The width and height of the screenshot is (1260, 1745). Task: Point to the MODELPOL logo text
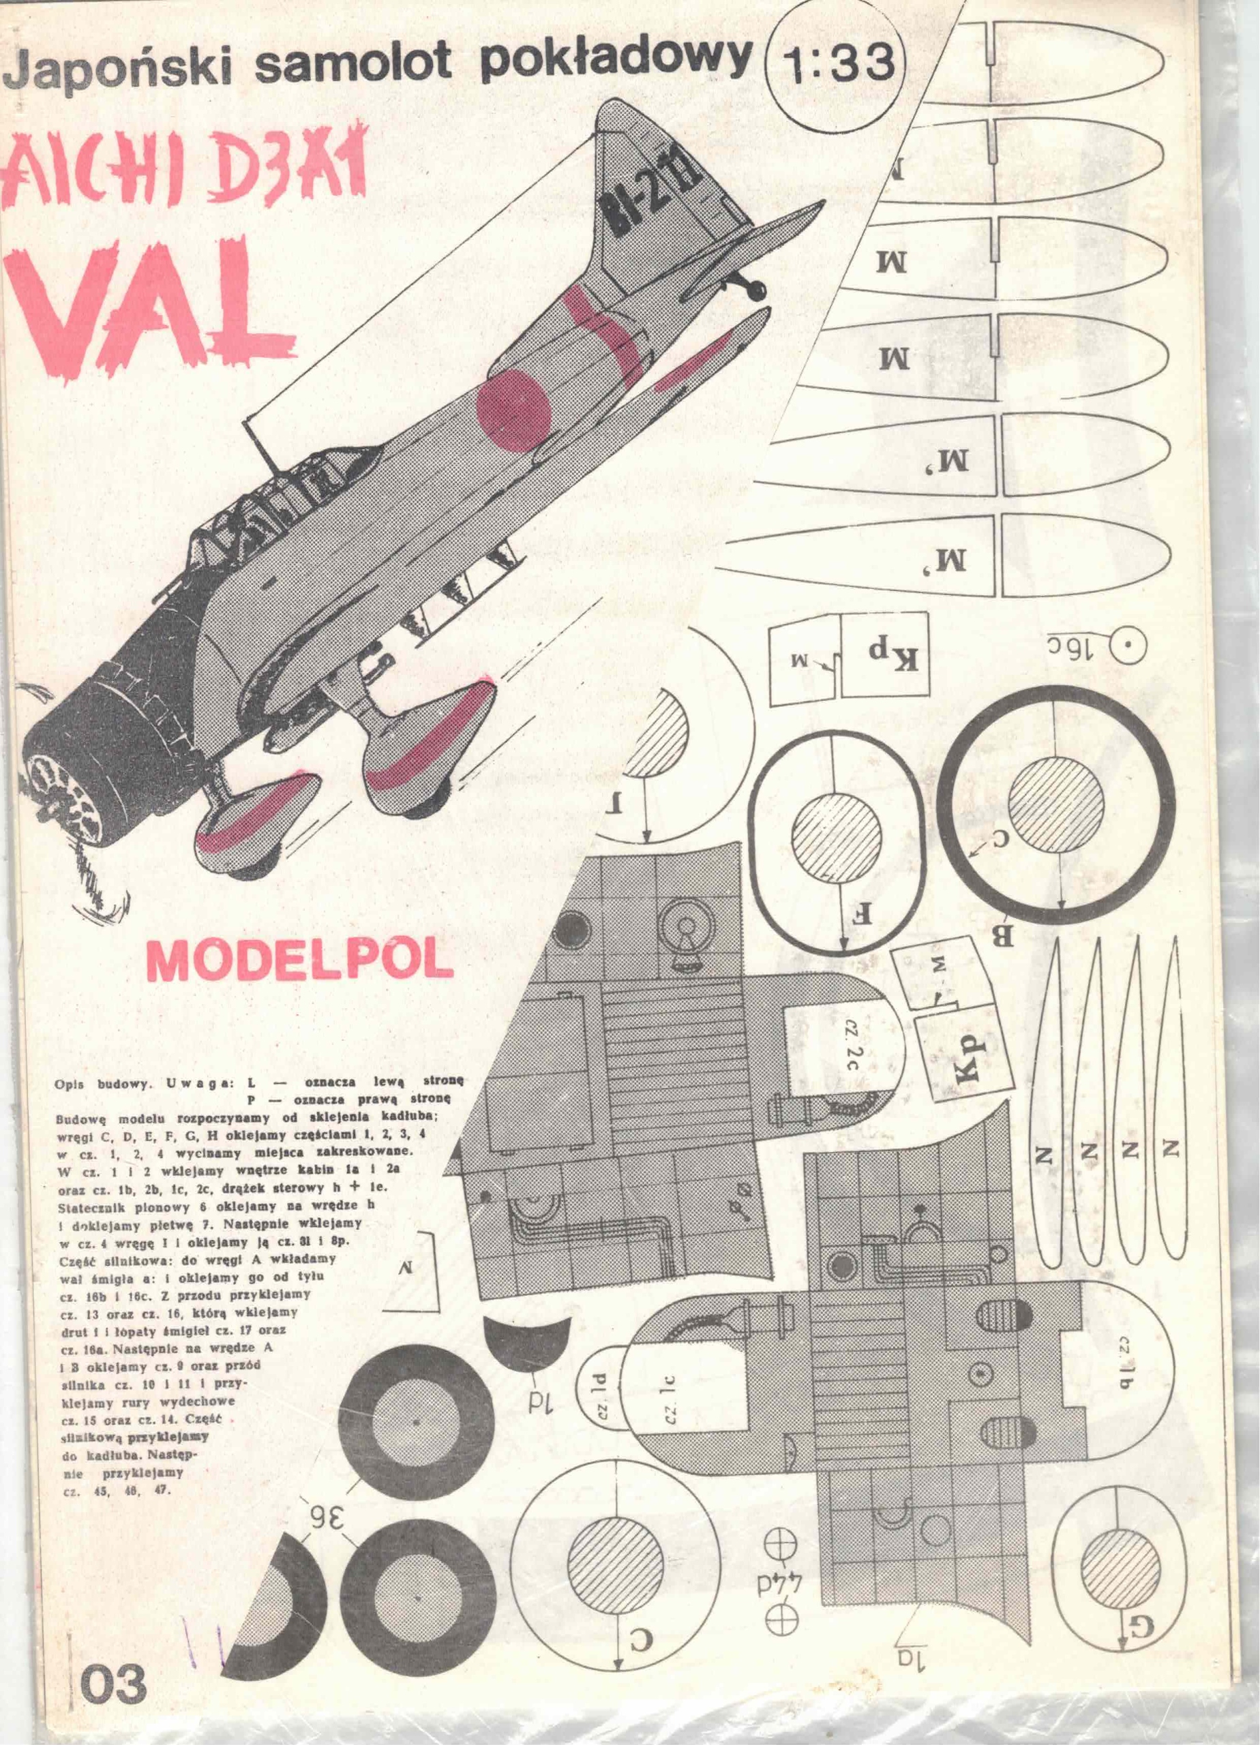click(x=297, y=958)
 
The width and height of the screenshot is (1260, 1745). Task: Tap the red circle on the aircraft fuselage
click(x=514, y=406)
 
